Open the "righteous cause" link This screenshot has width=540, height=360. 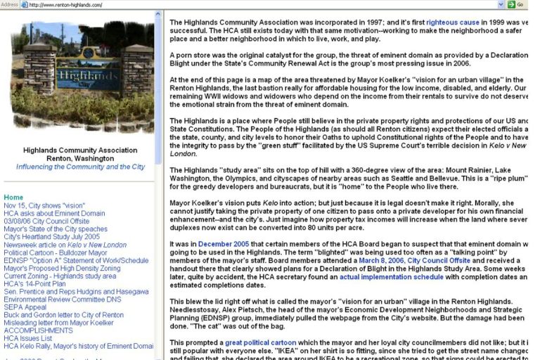[453, 22]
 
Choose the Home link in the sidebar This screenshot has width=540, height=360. [13, 198]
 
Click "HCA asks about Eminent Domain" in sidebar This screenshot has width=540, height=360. [54, 214]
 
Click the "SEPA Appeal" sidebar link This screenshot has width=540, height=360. [25, 307]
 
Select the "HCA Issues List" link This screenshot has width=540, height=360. [32, 338]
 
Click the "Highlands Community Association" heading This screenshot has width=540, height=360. [80, 150]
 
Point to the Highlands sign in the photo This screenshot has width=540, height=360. [79, 74]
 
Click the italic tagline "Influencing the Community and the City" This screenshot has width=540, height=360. [80, 167]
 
